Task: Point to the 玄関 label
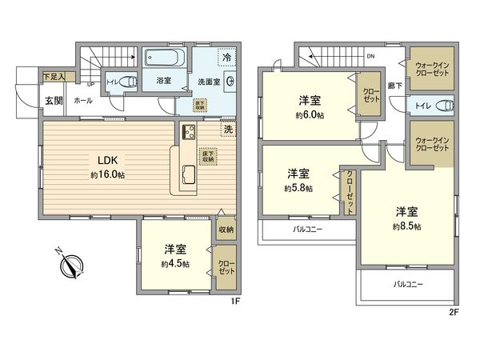[x=54, y=100]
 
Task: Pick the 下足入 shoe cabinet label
[x=54, y=76]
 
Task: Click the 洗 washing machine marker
[x=228, y=130]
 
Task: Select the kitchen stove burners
[x=190, y=134]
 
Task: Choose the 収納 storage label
[x=226, y=230]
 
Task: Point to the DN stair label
[x=370, y=57]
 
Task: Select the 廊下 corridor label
[x=393, y=84]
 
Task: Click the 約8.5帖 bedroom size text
[x=406, y=226]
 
